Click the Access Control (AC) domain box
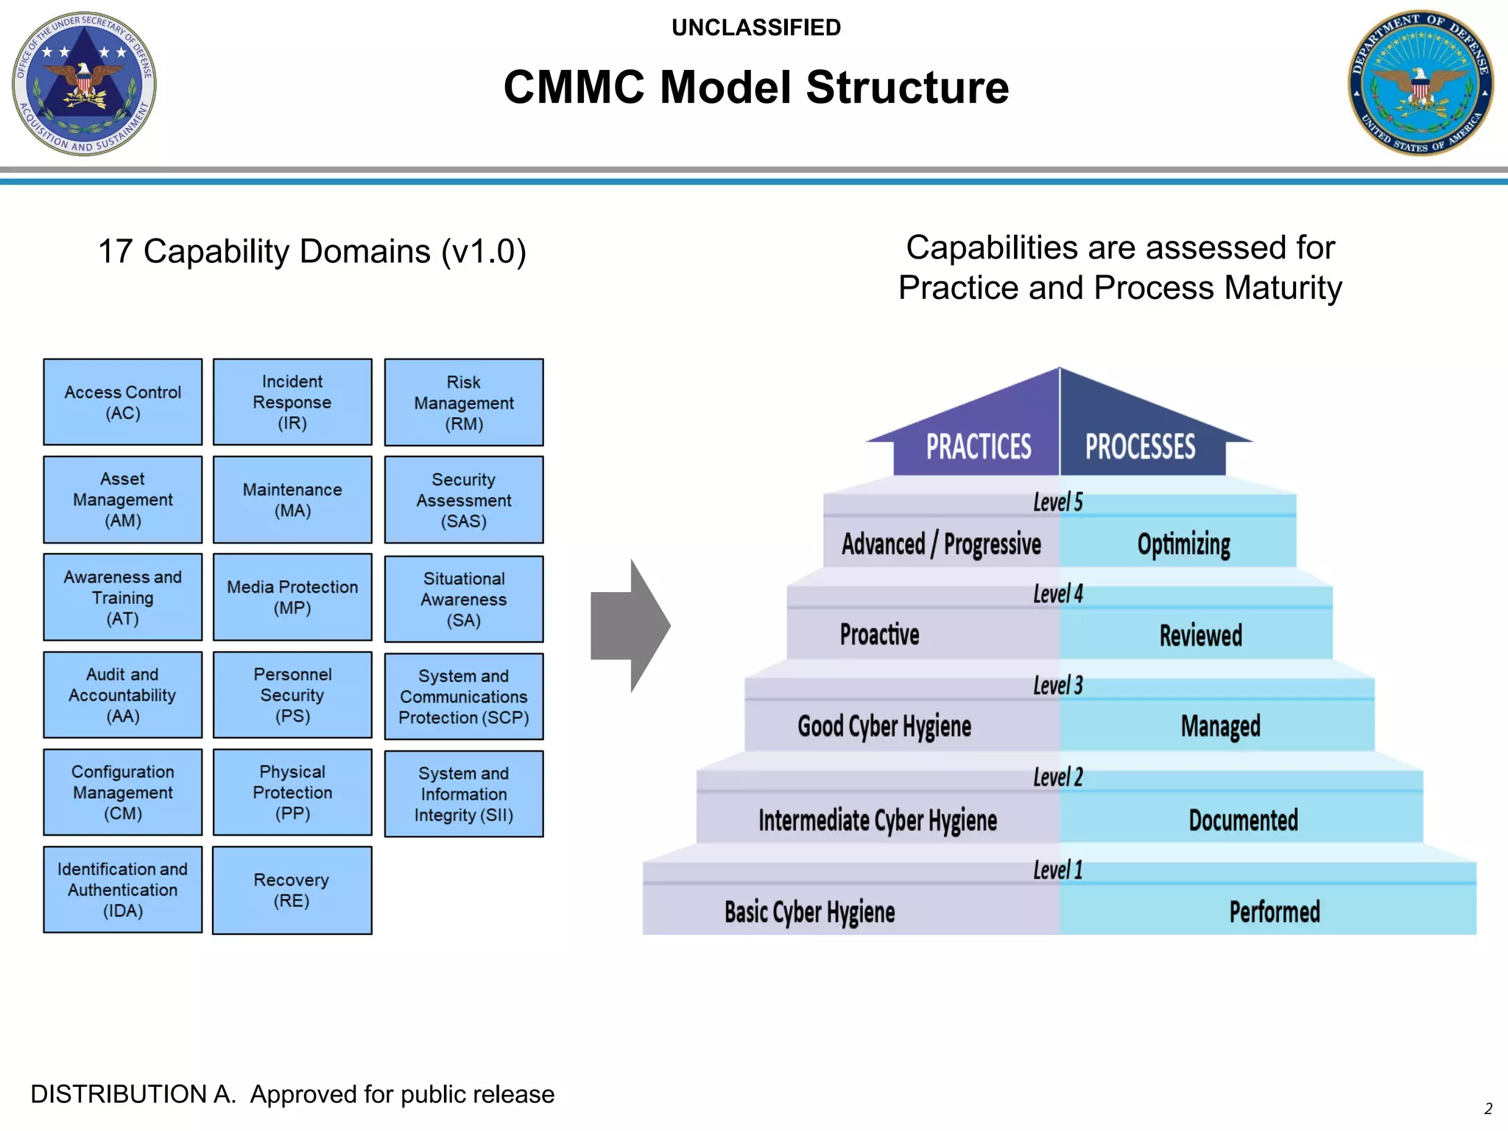[122, 402]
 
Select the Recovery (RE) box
[292, 890]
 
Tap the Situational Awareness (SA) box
[464, 599]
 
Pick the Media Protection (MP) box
[292, 597]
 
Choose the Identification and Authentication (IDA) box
[122, 889]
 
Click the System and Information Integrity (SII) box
[464, 794]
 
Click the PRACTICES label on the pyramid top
[978, 447]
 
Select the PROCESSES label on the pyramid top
[1140, 447]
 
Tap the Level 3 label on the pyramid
[1057, 686]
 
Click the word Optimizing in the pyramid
[1183, 545]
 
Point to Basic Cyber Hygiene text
[809, 912]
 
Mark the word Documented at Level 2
[1243, 820]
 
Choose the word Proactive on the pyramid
[879, 635]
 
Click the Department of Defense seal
[1420, 82]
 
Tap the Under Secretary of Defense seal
[84, 82]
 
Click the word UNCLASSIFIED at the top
[755, 28]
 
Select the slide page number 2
[1487, 1109]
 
